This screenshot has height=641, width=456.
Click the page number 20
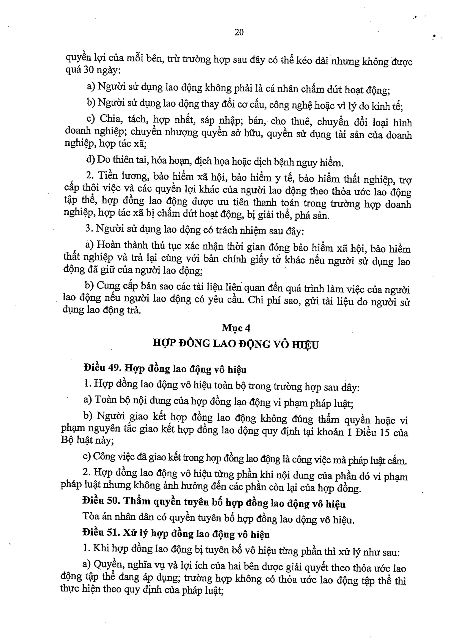click(239, 32)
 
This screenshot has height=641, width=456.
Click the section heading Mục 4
click(236, 328)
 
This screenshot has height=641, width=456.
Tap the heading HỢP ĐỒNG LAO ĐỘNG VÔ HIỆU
click(236, 344)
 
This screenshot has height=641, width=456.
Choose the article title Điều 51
click(101, 533)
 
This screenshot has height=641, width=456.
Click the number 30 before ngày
click(89, 70)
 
